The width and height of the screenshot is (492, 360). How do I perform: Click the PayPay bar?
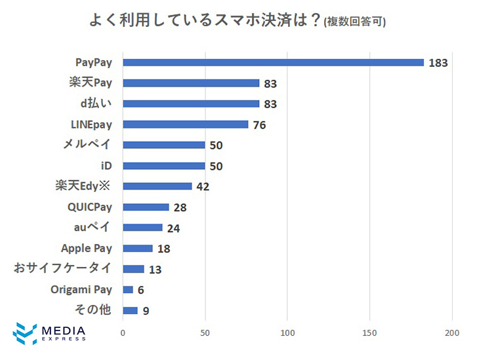coord(273,62)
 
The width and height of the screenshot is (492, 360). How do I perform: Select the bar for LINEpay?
coord(186,125)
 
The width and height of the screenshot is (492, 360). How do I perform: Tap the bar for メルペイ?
coord(164,145)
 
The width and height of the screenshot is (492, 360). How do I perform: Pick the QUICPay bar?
coord(146,207)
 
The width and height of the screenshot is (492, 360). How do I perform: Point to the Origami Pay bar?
coord(128,290)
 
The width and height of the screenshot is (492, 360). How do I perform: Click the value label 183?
coord(438,63)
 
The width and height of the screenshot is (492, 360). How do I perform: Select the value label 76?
coord(259,125)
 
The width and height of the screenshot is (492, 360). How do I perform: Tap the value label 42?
coord(203,187)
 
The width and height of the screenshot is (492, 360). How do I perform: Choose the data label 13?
coord(155,270)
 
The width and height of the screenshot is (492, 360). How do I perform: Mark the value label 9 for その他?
coord(146,311)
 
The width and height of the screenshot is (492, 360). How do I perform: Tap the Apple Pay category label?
coord(87,249)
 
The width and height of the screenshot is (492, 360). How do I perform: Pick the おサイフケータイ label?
coord(63,269)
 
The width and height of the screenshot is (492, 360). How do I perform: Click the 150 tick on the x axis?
coord(370,333)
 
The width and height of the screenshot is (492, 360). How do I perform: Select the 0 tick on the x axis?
coord(123,333)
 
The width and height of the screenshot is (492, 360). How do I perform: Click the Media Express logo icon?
coord(24,333)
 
